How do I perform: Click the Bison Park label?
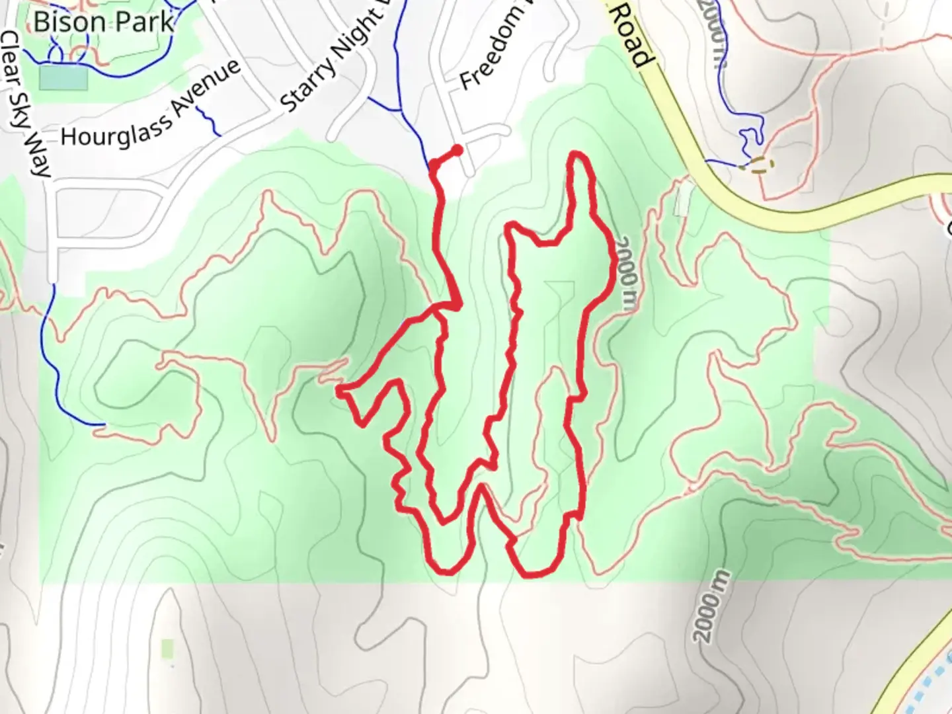104,22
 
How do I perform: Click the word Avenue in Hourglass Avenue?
206,86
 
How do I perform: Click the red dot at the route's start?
457,150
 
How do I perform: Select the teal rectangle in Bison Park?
63,78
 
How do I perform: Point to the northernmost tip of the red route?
578,154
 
